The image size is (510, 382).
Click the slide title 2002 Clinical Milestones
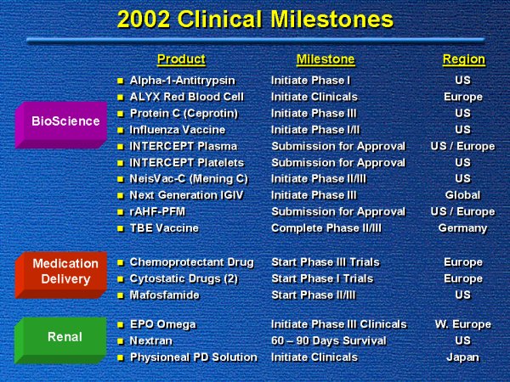click(255, 19)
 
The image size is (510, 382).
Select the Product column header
click(181, 59)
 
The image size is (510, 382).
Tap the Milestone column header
click(326, 59)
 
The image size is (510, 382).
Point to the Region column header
click(464, 59)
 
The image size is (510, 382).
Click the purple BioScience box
click(61, 125)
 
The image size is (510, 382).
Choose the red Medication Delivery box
click(61, 275)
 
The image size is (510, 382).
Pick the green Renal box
click(60, 340)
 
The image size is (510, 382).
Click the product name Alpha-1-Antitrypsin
click(182, 81)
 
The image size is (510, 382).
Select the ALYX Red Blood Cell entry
click(186, 97)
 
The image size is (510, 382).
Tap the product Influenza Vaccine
click(178, 130)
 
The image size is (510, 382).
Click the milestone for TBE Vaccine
click(326, 228)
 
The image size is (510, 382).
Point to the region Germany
click(463, 228)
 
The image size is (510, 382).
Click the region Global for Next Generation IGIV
click(463, 195)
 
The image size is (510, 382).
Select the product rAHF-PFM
click(157, 211)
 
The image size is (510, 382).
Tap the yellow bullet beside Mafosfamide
click(121, 295)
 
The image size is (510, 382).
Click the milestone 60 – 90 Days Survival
click(328, 340)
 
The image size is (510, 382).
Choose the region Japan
click(463, 357)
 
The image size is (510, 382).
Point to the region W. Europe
click(463, 324)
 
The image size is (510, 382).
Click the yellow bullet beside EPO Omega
click(121, 324)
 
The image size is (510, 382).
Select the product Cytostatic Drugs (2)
click(184, 278)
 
